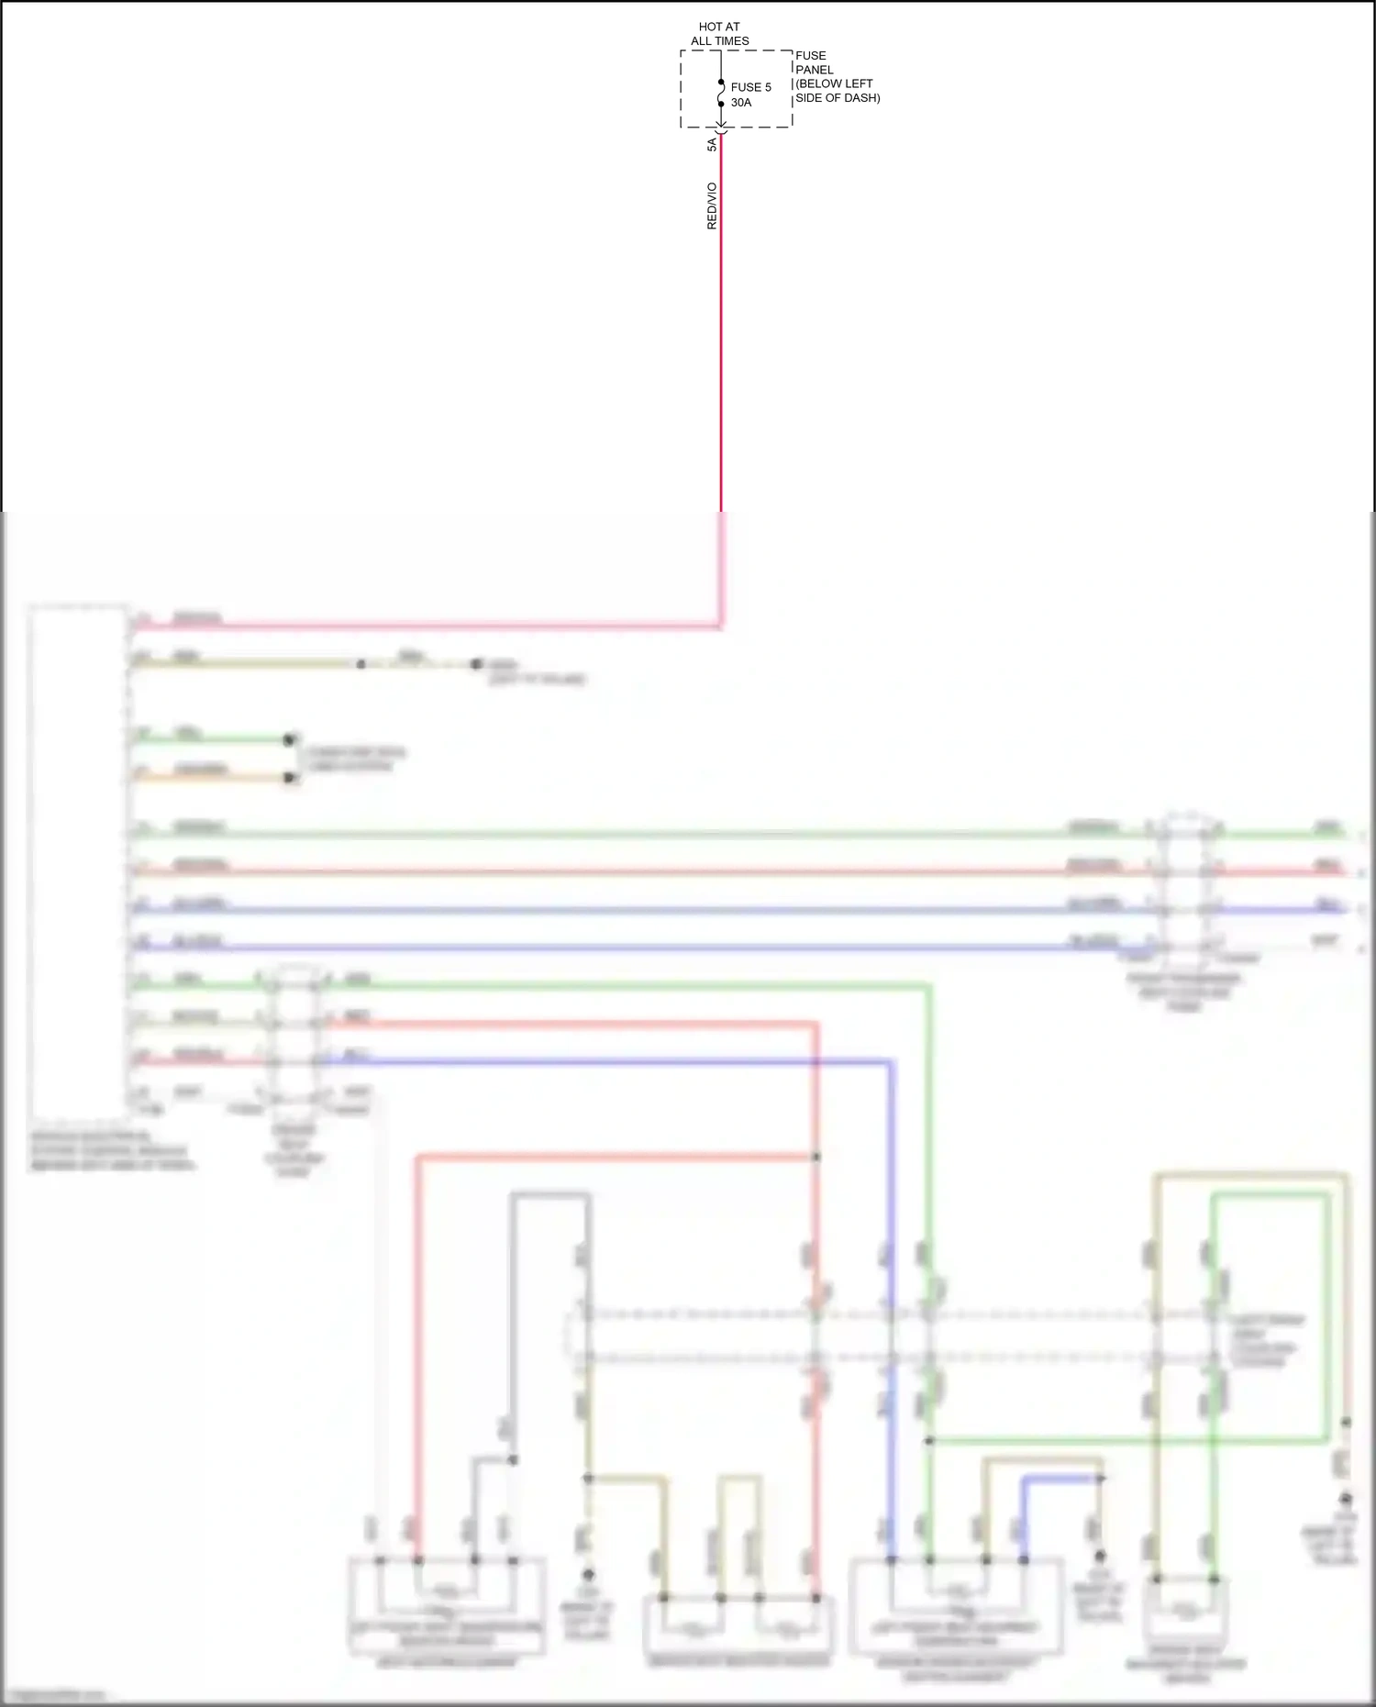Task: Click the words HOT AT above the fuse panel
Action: pos(719,27)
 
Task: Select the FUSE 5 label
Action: pos(751,87)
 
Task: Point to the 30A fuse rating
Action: pos(741,103)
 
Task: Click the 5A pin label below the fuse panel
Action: pos(712,145)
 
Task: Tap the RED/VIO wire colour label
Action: pos(712,206)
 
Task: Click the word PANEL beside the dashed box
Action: pos(815,70)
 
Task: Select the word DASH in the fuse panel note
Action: pos(862,98)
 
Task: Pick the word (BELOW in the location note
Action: pos(817,83)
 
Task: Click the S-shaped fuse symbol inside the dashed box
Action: pos(721,93)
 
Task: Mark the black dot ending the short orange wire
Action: pos(290,778)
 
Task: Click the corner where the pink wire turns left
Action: pos(721,627)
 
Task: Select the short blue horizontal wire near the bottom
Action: pos(1061,1479)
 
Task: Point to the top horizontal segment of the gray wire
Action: pos(549,1194)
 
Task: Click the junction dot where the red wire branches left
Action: pos(816,1158)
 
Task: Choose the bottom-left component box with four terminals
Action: pos(447,1606)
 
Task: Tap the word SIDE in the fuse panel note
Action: pos(810,98)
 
